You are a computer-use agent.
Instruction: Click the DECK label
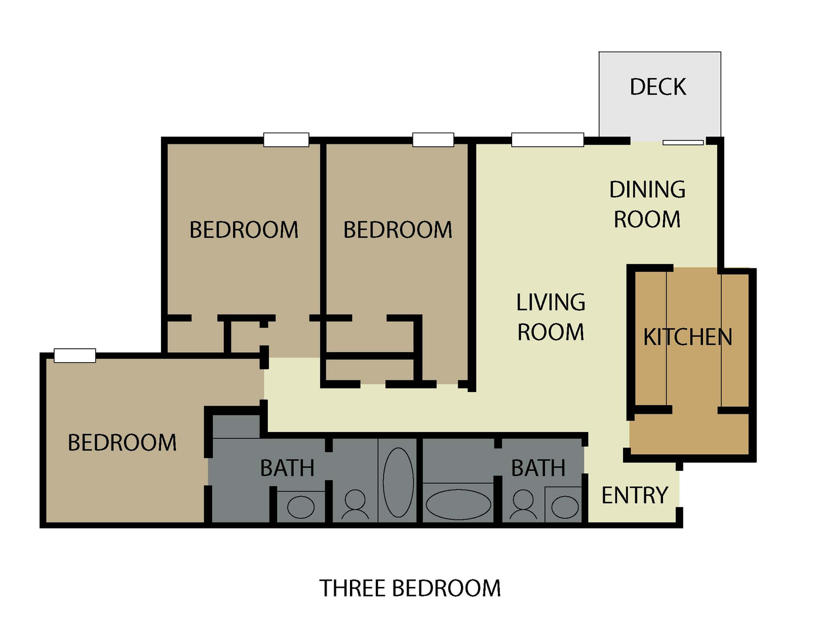pos(658,87)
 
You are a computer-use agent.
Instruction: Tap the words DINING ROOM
pos(647,204)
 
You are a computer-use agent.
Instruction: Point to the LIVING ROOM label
pos(551,317)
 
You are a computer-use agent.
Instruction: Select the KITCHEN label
pos(688,337)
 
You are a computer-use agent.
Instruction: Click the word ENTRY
pos(635,495)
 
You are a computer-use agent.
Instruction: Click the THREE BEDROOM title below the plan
pos(410,588)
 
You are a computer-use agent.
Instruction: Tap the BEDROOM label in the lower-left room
pos(122,443)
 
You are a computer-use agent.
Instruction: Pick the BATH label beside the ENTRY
pos(538,468)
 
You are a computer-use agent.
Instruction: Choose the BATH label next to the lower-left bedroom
pos(287,468)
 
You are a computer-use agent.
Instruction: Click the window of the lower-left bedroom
pos(75,355)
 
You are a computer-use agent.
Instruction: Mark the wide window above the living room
pos(547,140)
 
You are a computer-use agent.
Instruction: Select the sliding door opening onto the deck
pos(683,143)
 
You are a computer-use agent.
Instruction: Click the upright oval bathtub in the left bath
pos(398,482)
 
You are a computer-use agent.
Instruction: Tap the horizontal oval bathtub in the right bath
pos(458,504)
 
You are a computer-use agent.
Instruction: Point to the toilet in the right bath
pos(523,504)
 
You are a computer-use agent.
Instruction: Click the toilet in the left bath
pos(355,504)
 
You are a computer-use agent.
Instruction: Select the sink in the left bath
pos(301,507)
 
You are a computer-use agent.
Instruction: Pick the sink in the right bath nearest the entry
pos(565,507)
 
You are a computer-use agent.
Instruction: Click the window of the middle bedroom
pos(433,140)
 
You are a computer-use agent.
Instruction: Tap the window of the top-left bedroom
pos(286,140)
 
